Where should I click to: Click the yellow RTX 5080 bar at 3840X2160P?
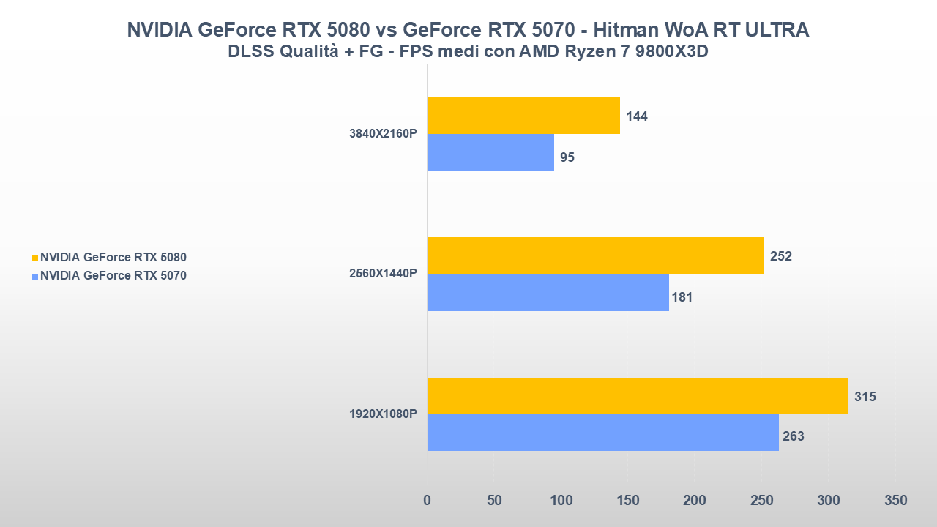523,116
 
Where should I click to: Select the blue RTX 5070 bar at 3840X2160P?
490,152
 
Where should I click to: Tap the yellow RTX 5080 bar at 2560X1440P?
595,255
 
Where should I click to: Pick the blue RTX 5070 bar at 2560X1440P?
548,292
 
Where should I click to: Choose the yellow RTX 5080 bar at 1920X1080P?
638,396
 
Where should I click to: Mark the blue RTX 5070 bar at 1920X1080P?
602,433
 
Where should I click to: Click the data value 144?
637,116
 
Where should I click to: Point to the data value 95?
567,157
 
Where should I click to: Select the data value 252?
780,256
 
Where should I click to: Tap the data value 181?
681,297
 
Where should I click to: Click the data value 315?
865,397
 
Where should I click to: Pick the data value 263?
793,436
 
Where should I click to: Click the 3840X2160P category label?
383,134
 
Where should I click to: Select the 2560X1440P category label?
383,274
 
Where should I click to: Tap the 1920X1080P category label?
383,414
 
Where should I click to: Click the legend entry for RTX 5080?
113,258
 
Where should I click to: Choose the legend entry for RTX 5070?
113,276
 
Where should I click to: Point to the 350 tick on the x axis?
895,501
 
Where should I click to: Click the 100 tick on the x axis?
561,501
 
